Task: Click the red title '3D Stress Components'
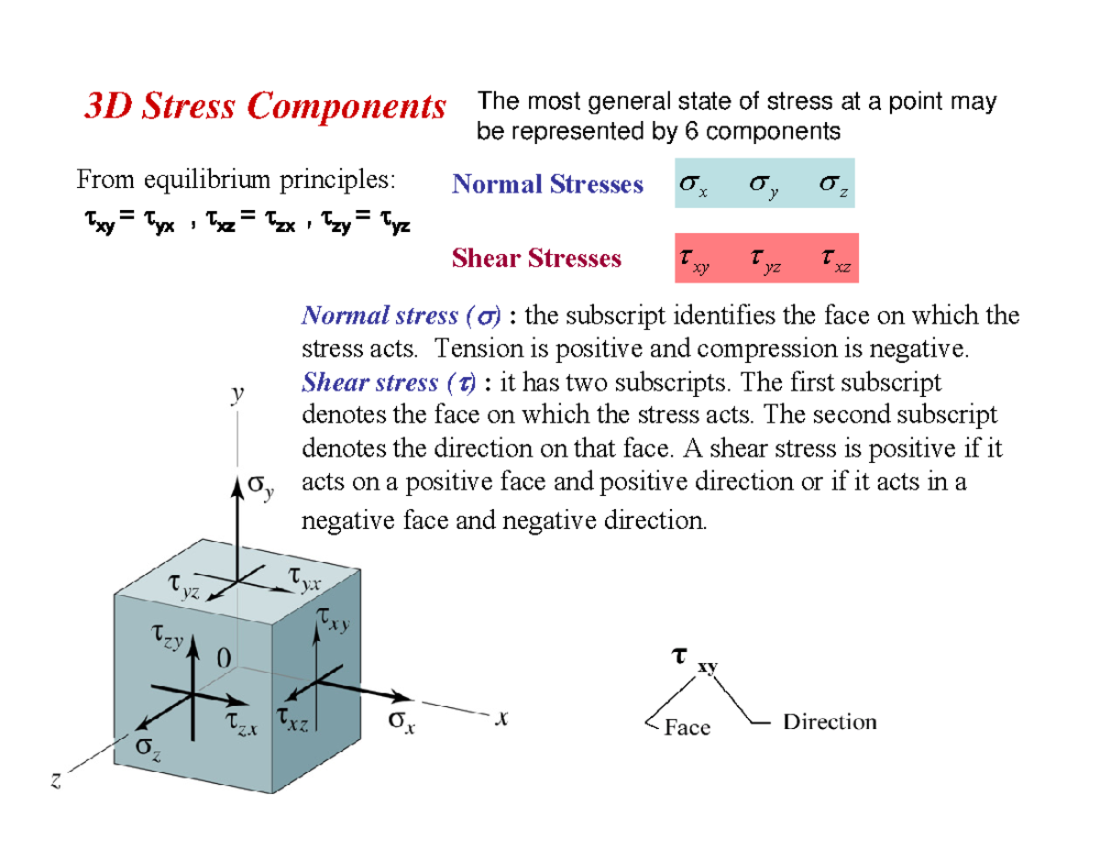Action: click(x=265, y=105)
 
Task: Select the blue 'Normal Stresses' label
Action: click(x=548, y=183)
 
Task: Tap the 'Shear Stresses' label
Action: click(x=536, y=258)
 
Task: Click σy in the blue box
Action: click(x=764, y=186)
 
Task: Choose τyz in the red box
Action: click(x=765, y=260)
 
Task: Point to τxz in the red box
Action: click(x=836, y=259)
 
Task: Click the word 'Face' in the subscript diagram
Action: click(x=687, y=727)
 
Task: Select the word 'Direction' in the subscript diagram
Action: click(x=830, y=722)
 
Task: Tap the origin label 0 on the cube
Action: click(x=224, y=658)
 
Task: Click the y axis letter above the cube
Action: click(x=236, y=393)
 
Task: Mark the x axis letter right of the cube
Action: click(x=501, y=717)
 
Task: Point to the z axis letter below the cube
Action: click(x=56, y=780)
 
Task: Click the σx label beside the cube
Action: click(x=401, y=721)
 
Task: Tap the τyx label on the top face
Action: click(x=304, y=579)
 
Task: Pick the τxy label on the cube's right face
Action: click(x=334, y=619)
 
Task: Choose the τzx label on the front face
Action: click(x=241, y=724)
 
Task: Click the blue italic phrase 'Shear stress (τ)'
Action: click(x=389, y=382)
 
